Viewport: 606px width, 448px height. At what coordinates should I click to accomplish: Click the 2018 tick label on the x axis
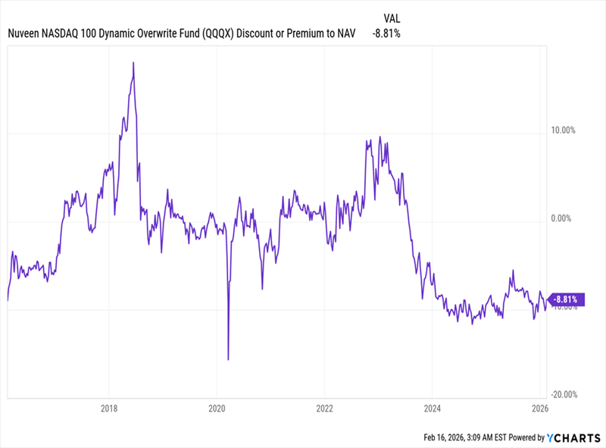click(110, 407)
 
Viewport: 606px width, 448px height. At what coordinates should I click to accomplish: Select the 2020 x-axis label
click(217, 407)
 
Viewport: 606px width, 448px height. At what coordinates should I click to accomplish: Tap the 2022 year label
click(324, 407)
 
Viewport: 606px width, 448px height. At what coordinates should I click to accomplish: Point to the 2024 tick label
click(431, 407)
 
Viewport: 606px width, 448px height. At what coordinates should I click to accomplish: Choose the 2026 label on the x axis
click(539, 407)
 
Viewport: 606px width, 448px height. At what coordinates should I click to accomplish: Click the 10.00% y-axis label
click(562, 130)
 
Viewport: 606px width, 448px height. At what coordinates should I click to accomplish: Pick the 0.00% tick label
click(564, 218)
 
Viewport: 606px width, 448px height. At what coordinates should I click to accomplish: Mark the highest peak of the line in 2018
click(133, 63)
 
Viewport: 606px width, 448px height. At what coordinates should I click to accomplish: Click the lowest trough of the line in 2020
click(228, 359)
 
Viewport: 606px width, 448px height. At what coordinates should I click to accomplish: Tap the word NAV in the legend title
click(348, 33)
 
